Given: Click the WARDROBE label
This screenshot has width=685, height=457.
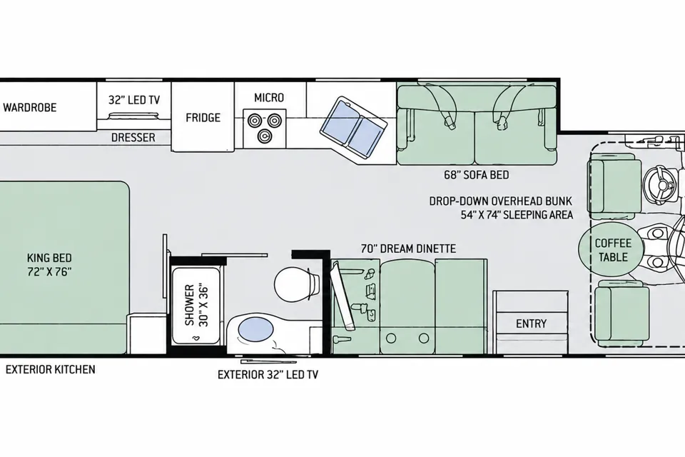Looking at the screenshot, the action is pos(30,108).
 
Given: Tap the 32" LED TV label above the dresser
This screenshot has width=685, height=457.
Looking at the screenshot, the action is pos(134,100).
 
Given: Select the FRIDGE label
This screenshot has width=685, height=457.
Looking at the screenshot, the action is pos(203,118).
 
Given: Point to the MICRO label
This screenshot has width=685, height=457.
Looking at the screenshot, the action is pos(269,98).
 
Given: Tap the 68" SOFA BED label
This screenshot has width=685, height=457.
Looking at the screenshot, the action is pos(476,175).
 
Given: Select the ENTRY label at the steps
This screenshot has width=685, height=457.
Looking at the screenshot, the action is pos(531,323).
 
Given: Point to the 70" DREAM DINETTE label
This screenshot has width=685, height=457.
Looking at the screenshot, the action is pos(408,248).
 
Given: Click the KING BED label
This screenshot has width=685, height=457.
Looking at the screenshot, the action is pos(49,265).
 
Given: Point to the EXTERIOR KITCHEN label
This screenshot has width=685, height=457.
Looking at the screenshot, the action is pos(50,370).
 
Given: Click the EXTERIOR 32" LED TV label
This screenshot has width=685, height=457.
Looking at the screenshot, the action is pos(268,375).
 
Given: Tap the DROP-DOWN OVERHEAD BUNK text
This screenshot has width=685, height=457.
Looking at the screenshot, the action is pos(501,201).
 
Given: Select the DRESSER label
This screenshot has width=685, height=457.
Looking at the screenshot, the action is pos(133,138).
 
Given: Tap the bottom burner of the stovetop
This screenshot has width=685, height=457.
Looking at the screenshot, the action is pos(264,136).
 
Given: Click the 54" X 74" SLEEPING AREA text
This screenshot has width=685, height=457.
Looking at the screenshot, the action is pos(517,215).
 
